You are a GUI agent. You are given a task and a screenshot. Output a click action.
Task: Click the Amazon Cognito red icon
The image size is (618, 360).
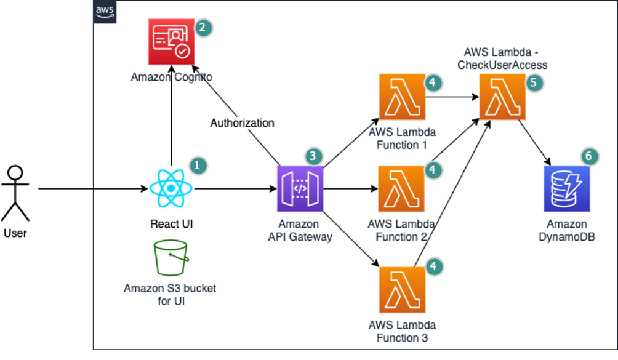click(x=171, y=42)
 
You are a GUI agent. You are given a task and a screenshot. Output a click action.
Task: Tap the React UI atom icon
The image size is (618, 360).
click(x=171, y=188)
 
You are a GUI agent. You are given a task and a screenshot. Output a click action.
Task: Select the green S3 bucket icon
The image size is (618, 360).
click(x=171, y=257)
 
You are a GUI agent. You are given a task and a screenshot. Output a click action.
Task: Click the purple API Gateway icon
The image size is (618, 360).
click(x=299, y=188)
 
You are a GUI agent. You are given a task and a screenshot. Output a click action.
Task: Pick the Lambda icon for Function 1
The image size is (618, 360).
click(x=402, y=97)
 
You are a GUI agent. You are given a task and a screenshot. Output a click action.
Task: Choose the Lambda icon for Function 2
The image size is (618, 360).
click(x=402, y=188)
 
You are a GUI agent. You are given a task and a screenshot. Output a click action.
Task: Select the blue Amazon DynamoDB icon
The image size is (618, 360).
click(x=566, y=188)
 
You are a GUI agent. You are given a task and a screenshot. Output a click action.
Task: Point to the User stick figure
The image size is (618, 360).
click(x=15, y=193)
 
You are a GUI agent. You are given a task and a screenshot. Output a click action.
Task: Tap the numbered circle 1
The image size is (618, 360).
click(x=197, y=165)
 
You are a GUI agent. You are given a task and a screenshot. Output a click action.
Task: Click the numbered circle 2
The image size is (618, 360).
click(x=204, y=28)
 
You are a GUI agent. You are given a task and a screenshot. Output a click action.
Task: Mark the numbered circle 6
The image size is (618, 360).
click(x=588, y=156)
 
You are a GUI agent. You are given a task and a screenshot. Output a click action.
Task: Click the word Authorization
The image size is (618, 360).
click(x=243, y=122)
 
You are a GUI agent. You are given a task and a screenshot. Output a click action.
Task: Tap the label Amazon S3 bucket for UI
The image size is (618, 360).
click(x=170, y=294)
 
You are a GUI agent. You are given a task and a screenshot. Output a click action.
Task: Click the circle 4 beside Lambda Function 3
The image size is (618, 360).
click(x=433, y=266)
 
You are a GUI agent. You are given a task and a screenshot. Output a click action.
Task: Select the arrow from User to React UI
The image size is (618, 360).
click(x=92, y=188)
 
